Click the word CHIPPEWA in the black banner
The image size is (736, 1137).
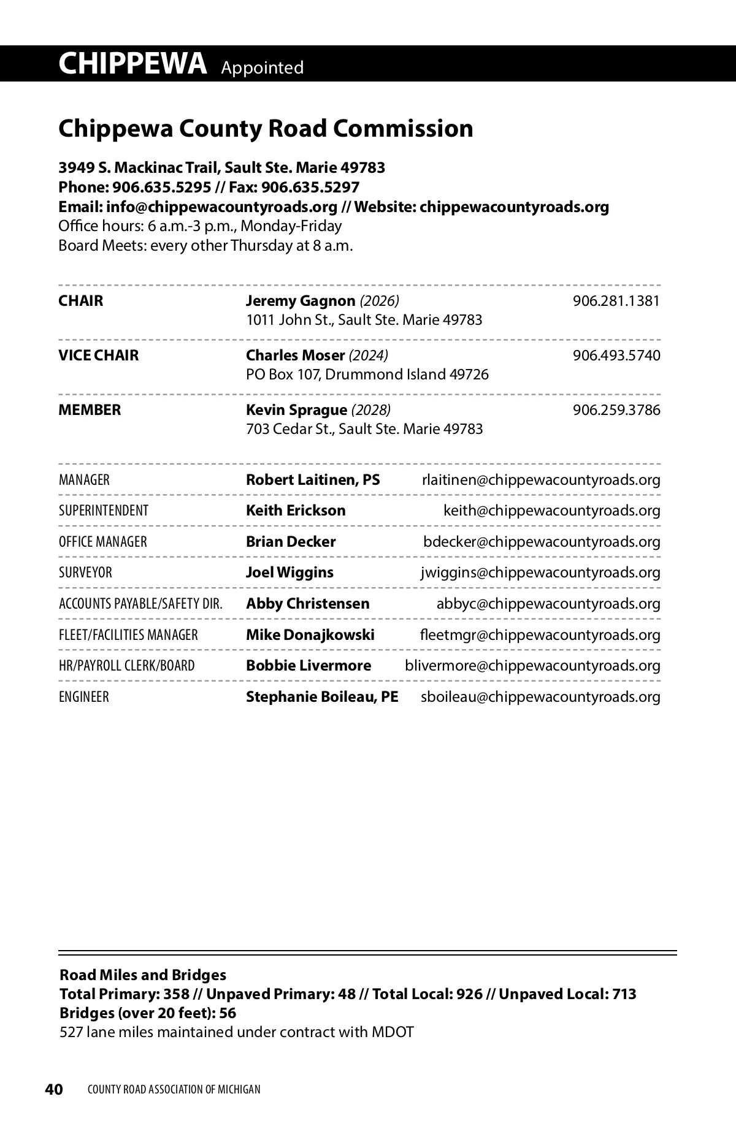point(132,64)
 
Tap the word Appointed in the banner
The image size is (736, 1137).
point(262,67)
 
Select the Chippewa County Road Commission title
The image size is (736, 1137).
point(266,129)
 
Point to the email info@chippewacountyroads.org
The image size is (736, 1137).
point(221,207)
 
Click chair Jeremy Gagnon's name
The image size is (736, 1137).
point(301,301)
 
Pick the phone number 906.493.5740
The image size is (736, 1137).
point(616,356)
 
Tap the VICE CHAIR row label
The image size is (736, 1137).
point(98,356)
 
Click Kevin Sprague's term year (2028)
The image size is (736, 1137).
point(370,410)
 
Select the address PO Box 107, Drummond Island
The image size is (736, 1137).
point(367,375)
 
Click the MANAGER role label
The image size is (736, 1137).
point(84,480)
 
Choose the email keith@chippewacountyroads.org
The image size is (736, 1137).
point(551,511)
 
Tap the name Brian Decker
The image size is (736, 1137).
point(291,542)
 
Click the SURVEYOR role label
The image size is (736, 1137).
point(85,572)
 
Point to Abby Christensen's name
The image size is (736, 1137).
point(307,604)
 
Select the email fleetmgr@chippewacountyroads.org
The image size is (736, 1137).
point(540,635)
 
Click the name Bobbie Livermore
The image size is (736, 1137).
point(308,666)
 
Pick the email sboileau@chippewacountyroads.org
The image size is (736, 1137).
point(540,697)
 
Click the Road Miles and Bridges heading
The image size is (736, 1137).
point(142,975)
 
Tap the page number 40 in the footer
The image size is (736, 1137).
point(54,1089)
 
